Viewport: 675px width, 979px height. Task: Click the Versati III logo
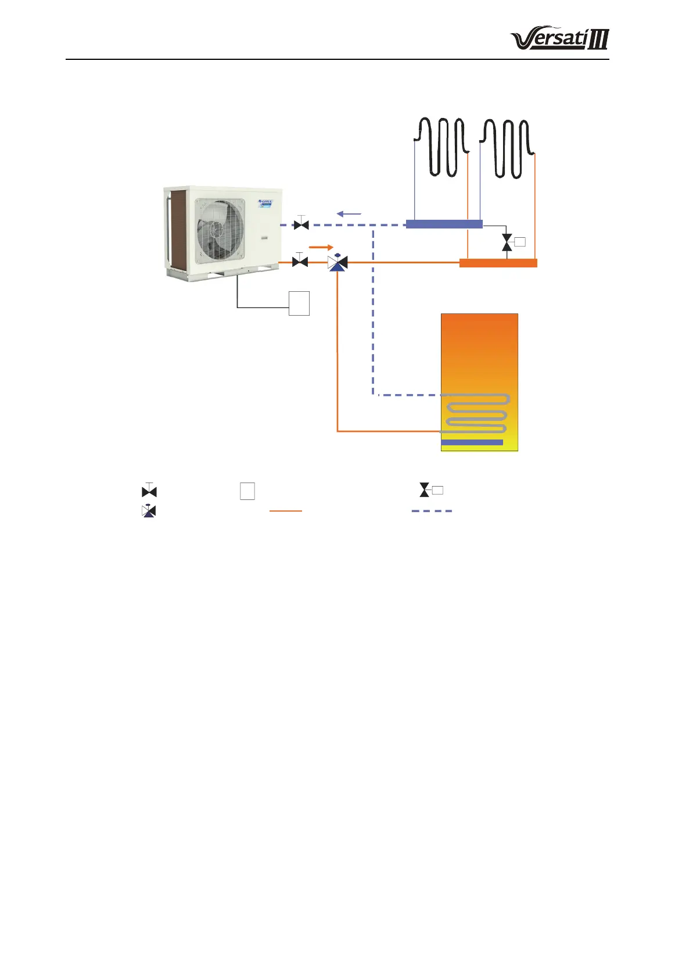(559, 40)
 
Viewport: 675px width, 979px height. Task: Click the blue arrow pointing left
(349, 214)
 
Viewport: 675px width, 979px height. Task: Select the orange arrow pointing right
(321, 247)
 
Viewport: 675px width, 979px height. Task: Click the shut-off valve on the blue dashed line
(301, 224)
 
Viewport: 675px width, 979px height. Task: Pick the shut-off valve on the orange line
(300, 262)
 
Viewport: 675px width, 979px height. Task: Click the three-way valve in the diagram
(337, 263)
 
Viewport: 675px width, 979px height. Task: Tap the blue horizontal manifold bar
(444, 224)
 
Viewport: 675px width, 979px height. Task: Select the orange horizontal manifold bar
(498, 263)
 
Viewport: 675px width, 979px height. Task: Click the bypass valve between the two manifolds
(508, 242)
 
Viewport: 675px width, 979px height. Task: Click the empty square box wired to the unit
(299, 303)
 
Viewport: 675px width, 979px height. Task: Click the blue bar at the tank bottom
(472, 442)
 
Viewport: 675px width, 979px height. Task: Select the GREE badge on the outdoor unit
(265, 203)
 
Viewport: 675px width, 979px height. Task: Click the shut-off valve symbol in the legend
(149, 491)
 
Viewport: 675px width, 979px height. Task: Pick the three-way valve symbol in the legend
(149, 511)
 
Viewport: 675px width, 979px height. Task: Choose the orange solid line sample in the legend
(286, 511)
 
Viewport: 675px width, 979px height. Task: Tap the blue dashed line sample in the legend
(432, 511)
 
